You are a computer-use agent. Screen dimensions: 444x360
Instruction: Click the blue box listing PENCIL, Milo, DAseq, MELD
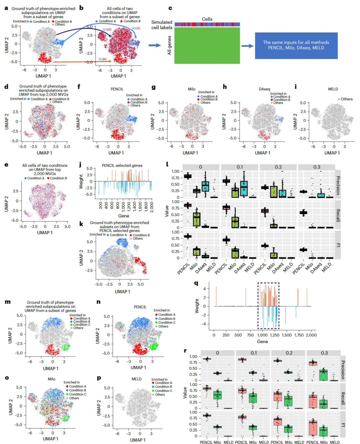click(x=296, y=45)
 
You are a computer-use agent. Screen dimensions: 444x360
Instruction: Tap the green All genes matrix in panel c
click(x=207, y=45)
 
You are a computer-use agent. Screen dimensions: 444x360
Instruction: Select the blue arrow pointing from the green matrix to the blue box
click(x=247, y=46)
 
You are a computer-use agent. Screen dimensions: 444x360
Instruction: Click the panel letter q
click(x=196, y=283)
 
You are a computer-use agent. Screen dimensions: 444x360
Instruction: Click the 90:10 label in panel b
click(x=136, y=28)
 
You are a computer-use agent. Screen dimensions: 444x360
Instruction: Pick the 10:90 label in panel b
click(x=102, y=59)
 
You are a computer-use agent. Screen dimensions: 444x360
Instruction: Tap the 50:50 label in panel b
click(x=107, y=30)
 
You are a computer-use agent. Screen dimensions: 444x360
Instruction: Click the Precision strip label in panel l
click(x=338, y=185)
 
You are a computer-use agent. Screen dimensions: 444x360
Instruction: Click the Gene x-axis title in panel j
click(x=124, y=216)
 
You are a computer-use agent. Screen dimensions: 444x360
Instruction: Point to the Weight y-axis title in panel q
click(x=197, y=306)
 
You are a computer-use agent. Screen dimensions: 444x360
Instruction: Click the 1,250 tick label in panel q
click(x=275, y=335)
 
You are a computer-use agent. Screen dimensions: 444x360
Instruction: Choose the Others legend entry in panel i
click(x=346, y=99)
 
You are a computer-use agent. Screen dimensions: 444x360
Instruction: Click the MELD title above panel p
click(x=136, y=379)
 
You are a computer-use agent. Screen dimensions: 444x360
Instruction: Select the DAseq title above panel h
click(x=264, y=89)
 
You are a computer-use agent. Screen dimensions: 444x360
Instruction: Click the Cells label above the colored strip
click(x=207, y=19)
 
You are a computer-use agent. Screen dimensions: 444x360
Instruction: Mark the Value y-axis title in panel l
click(x=167, y=211)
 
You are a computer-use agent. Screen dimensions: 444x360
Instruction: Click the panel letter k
click(x=81, y=224)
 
